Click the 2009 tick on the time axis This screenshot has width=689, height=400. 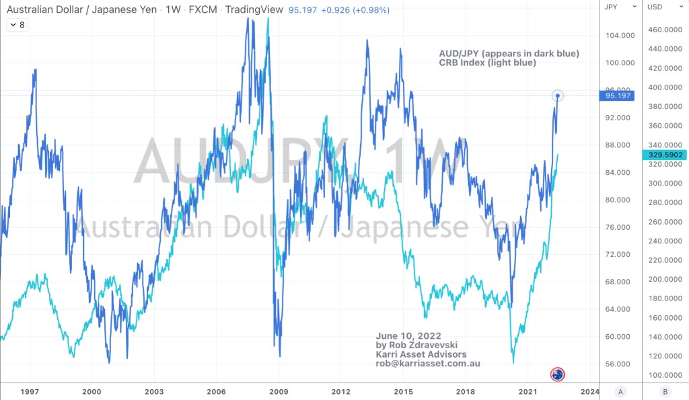point(279,391)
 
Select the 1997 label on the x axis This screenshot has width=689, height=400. point(29,391)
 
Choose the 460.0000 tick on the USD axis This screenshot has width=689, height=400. point(661,30)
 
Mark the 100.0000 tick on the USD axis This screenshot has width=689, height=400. point(661,375)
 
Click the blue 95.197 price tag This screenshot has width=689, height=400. point(618,95)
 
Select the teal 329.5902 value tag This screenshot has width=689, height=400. point(664,155)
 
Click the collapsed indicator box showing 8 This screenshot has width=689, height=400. point(17,25)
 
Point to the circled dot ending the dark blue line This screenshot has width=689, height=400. point(558,95)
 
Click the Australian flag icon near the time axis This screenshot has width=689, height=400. point(557,374)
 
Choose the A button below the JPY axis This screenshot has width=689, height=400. point(620,391)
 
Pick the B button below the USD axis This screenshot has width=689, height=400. point(664,391)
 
